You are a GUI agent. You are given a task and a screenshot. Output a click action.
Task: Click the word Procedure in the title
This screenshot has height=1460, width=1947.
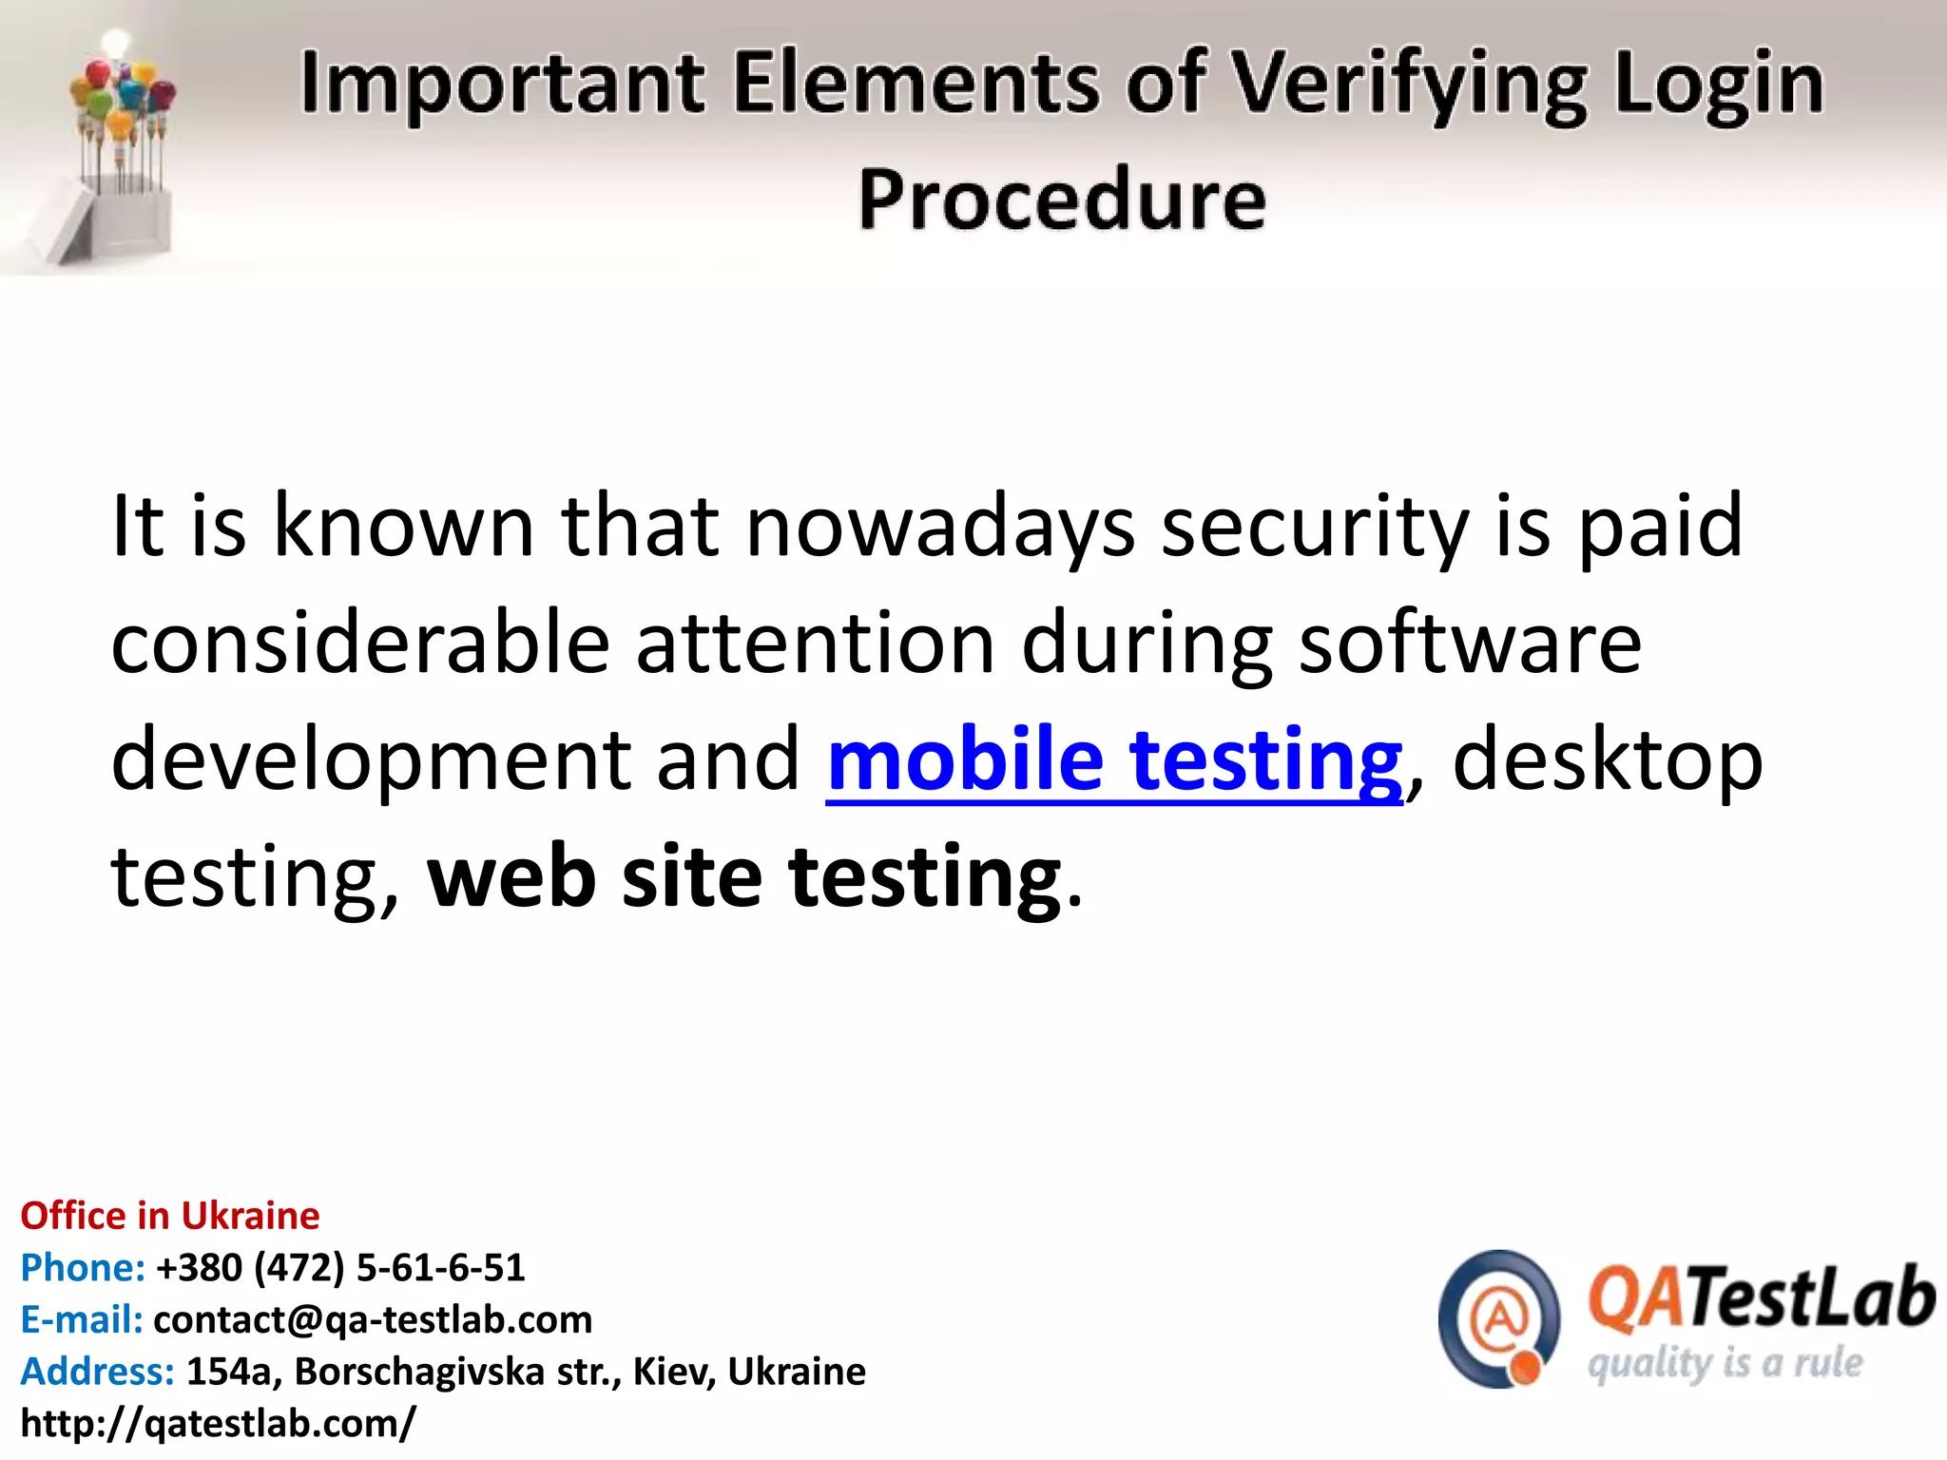coord(1062,200)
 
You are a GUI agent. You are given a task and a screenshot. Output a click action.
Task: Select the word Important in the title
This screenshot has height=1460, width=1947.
coord(503,84)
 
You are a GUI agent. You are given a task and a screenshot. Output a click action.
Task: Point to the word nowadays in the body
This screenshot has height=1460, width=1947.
coord(940,527)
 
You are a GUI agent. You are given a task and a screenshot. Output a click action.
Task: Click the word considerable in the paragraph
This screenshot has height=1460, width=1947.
coord(360,644)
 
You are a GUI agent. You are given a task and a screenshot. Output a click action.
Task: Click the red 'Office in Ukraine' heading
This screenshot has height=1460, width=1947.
coord(170,1216)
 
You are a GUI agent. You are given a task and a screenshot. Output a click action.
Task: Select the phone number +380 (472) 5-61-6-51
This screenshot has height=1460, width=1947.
coord(340,1268)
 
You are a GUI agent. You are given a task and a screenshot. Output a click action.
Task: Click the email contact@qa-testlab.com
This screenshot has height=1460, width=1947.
coord(373,1319)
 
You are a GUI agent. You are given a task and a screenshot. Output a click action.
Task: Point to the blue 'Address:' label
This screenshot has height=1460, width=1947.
coord(98,1372)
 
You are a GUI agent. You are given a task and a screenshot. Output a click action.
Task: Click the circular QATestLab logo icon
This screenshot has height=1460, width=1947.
coord(1499,1318)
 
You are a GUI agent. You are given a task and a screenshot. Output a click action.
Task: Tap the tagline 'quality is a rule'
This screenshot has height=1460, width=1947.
coord(1725,1364)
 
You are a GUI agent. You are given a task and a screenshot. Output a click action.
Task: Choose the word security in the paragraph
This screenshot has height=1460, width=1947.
coord(1316,527)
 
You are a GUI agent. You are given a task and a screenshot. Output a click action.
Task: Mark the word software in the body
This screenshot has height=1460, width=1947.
coord(1471,644)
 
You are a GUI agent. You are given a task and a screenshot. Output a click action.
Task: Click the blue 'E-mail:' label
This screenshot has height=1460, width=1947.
coord(82,1319)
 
